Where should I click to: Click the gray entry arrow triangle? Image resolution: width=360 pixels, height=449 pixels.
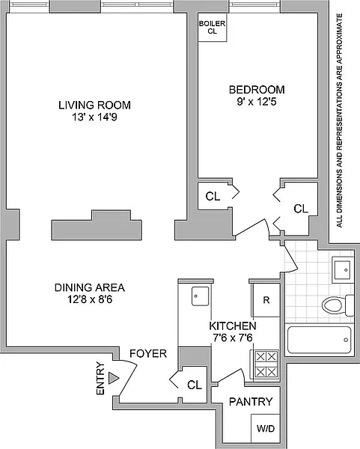(114, 379)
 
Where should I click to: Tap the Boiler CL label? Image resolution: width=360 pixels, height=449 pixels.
(213, 28)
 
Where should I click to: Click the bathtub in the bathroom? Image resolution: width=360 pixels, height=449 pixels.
(319, 340)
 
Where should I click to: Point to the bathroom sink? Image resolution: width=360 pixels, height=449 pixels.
(341, 269)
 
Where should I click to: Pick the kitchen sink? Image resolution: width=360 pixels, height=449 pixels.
(200, 296)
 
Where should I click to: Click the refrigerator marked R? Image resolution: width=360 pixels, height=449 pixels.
(266, 300)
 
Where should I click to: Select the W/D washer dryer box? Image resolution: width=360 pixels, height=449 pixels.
(266, 428)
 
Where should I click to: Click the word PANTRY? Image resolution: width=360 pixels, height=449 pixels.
(251, 402)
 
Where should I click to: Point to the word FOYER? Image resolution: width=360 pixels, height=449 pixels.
(148, 354)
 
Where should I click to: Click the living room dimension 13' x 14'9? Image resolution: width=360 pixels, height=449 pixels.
(94, 117)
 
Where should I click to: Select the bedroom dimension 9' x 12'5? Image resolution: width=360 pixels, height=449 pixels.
(256, 102)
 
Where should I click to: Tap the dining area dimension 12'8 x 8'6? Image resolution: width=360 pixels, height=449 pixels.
(90, 299)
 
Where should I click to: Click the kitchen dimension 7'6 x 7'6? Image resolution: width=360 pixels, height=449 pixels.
(233, 338)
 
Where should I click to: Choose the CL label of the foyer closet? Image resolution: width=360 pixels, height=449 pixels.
(195, 385)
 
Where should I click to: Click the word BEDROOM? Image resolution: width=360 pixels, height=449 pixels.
(257, 90)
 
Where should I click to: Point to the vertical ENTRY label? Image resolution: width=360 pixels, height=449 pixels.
(100, 379)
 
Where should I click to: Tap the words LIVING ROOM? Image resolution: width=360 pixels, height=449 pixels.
(94, 105)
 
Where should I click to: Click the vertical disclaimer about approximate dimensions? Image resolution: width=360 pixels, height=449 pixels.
(339, 120)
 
